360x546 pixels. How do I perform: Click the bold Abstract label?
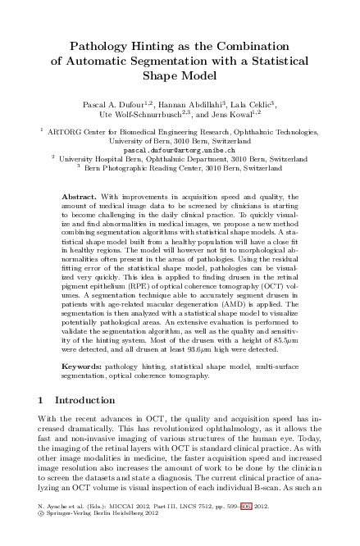[x=80, y=198]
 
